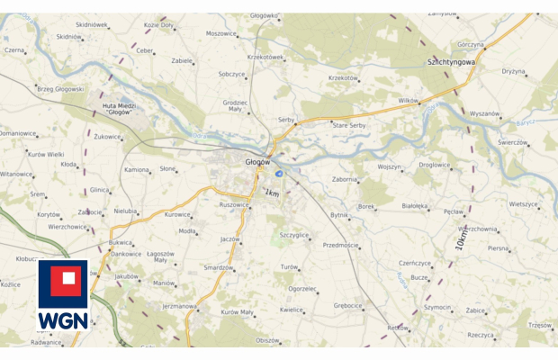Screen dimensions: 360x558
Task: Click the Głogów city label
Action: pos(258,161)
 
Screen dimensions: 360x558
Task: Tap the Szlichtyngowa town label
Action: pos(452,63)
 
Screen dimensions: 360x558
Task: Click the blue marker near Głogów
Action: pos(279,173)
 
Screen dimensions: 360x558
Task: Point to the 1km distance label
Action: pos(272,193)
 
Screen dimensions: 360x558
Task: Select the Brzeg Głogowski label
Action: pos(60,89)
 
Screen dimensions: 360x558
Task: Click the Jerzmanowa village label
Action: pos(179,306)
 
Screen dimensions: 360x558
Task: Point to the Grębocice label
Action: pos(347,305)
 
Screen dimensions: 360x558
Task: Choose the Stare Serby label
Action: pos(349,124)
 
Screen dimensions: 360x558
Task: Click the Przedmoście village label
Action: pos(340,245)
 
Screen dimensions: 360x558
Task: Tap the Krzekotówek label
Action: pos(265,57)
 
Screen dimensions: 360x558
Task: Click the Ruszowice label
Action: pos(233,204)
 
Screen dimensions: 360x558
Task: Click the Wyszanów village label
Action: pos(484,113)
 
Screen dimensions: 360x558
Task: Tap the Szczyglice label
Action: pos(294,235)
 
